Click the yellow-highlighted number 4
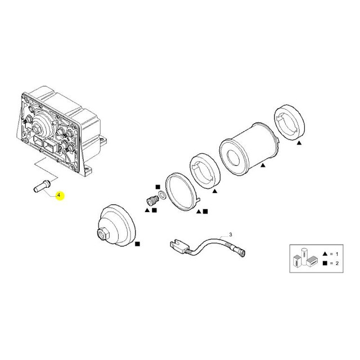[58, 195]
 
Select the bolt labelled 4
[43, 186]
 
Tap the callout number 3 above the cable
[231, 235]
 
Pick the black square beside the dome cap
[137, 244]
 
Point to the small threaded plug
[152, 200]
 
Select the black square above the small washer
[157, 187]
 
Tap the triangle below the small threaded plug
[147, 210]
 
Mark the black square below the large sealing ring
[205, 211]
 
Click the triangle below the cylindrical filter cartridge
[263, 165]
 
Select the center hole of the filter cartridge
[233, 157]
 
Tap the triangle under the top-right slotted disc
[299, 143]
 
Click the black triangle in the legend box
[325, 254]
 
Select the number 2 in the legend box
[337, 263]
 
